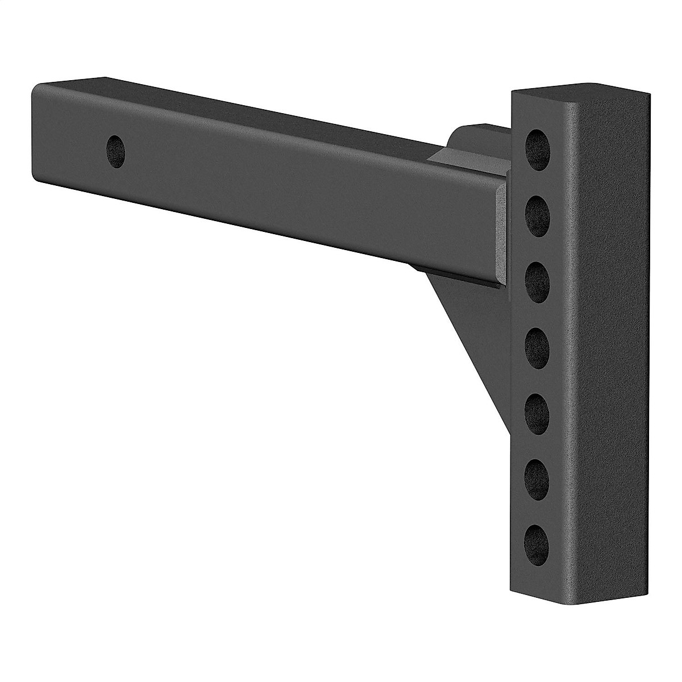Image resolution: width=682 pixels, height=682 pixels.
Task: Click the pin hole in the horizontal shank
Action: click(x=117, y=151)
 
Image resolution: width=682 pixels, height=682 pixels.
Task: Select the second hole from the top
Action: click(x=538, y=215)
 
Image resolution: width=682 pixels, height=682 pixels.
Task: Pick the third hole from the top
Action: click(x=538, y=280)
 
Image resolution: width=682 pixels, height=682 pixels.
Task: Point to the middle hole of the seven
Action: click(x=538, y=344)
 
